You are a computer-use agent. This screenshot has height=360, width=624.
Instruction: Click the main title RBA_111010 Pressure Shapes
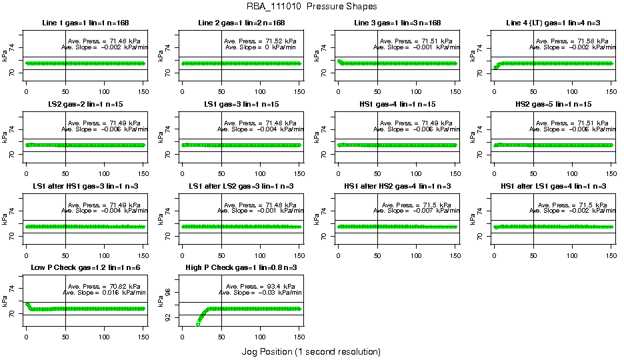(x=311, y=7)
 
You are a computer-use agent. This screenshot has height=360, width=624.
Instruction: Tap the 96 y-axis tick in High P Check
(x=168, y=292)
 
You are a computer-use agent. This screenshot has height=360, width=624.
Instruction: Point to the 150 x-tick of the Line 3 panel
(x=455, y=90)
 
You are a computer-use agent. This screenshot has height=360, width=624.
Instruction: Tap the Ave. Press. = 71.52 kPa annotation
(x=261, y=41)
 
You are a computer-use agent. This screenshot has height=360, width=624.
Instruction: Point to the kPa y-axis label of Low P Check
(x=5, y=301)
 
